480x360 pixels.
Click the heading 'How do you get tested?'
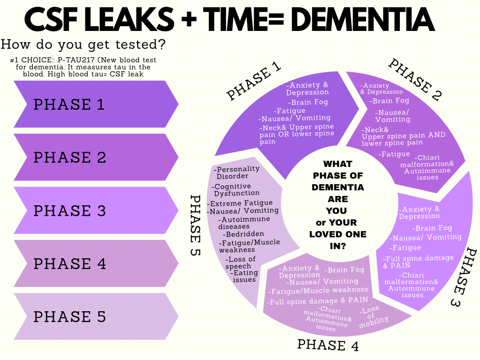(x=83, y=45)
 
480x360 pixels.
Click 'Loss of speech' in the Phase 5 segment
(x=240, y=262)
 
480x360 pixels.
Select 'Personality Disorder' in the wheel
(x=237, y=172)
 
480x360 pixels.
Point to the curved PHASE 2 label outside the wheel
(x=415, y=80)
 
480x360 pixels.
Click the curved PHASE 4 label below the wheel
(x=328, y=345)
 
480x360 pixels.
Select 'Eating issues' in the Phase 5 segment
(x=244, y=276)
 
